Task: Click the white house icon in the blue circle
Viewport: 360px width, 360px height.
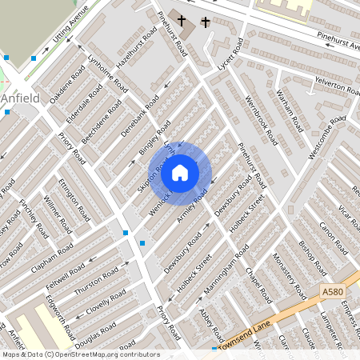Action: (180, 172)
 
